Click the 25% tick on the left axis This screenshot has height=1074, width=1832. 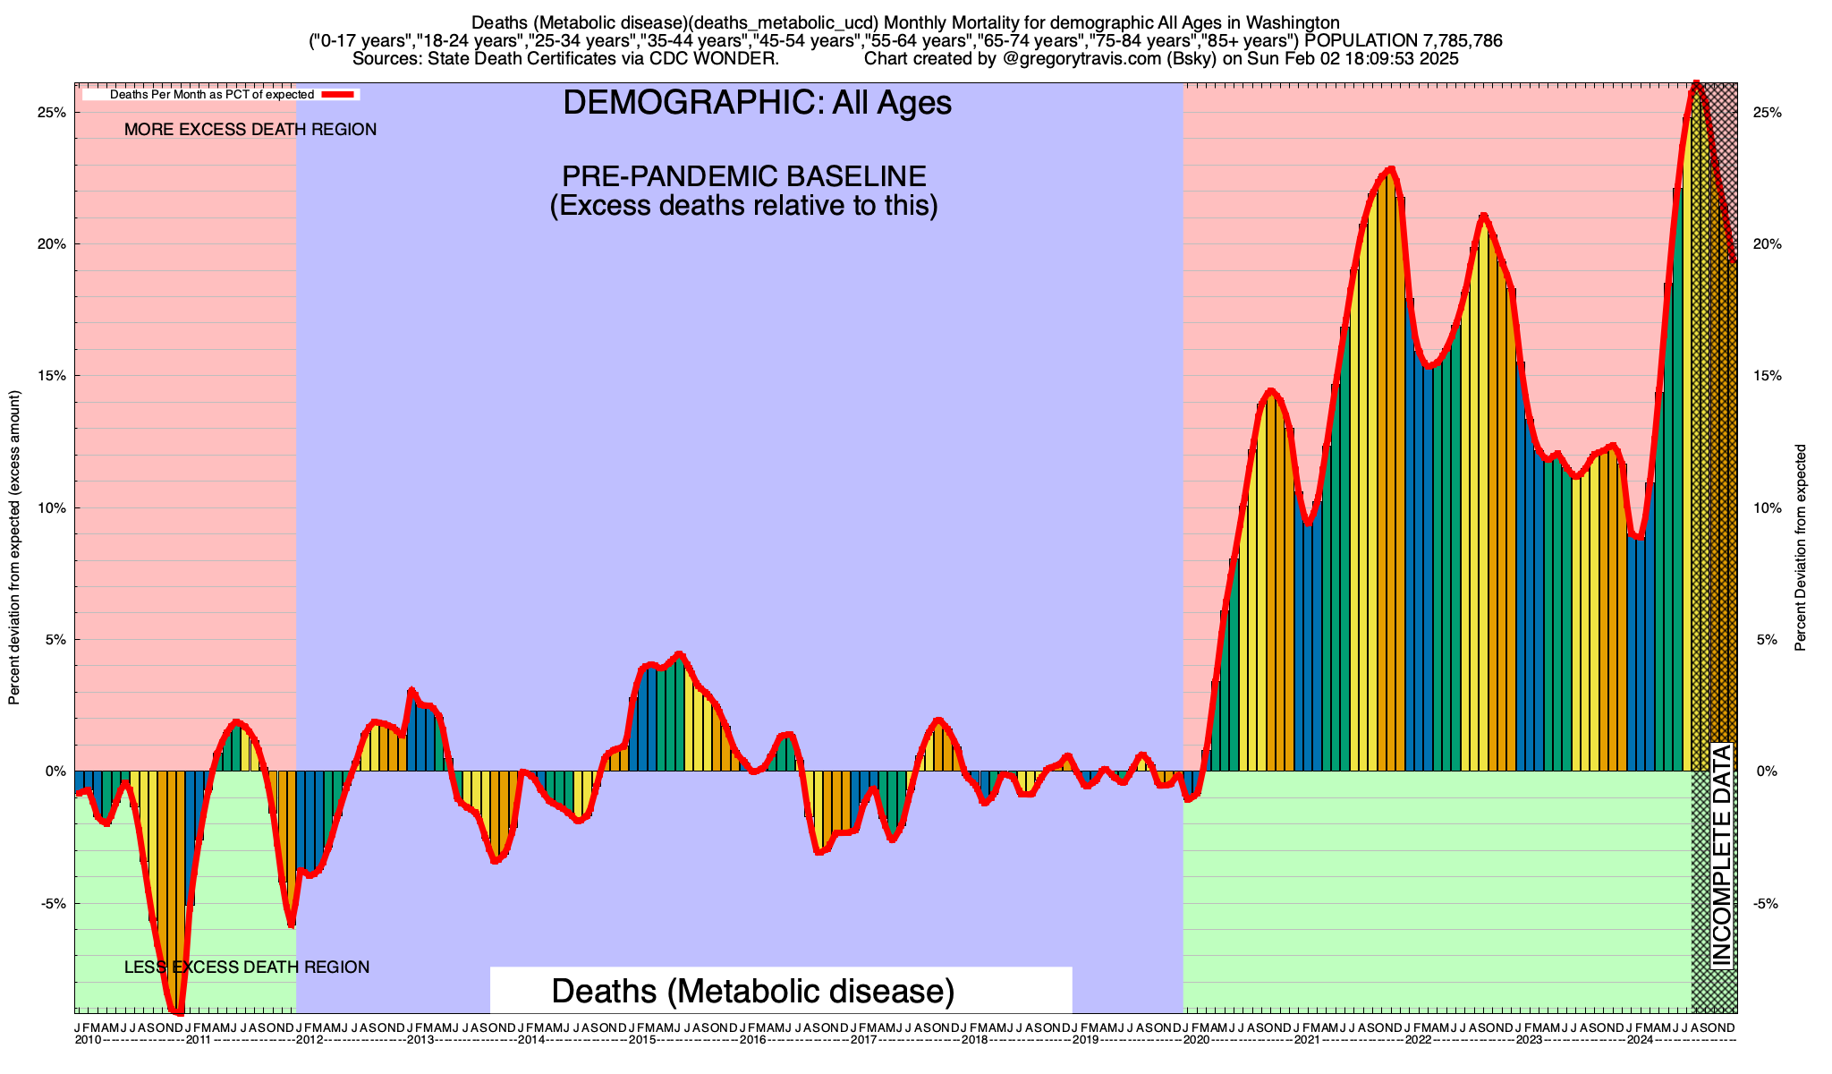54,113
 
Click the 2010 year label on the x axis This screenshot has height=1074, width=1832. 88,1040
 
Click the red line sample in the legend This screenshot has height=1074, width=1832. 340,94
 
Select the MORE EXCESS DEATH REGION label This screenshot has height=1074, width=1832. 250,130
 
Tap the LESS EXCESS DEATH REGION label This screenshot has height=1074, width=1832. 246,967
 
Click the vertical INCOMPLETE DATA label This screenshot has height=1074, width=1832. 1721,855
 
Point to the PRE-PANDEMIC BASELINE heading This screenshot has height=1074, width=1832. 743,175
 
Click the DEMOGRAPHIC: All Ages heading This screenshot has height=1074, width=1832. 757,103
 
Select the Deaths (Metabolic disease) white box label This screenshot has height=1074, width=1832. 753,991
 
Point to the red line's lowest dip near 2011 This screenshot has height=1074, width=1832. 179,1012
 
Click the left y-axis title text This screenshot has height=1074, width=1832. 14,548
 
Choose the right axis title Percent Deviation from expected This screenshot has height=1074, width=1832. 1801,548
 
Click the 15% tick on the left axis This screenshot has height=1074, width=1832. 54,376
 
